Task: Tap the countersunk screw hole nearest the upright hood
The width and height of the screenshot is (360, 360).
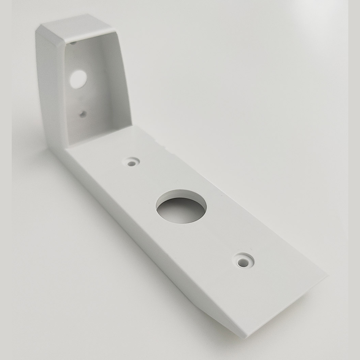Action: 132,161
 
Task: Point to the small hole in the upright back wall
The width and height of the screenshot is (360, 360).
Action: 82,114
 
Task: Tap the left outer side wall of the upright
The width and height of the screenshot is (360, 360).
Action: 49,90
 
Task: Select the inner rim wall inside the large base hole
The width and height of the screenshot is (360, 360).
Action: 180,197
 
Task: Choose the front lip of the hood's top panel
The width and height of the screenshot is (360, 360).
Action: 90,39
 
